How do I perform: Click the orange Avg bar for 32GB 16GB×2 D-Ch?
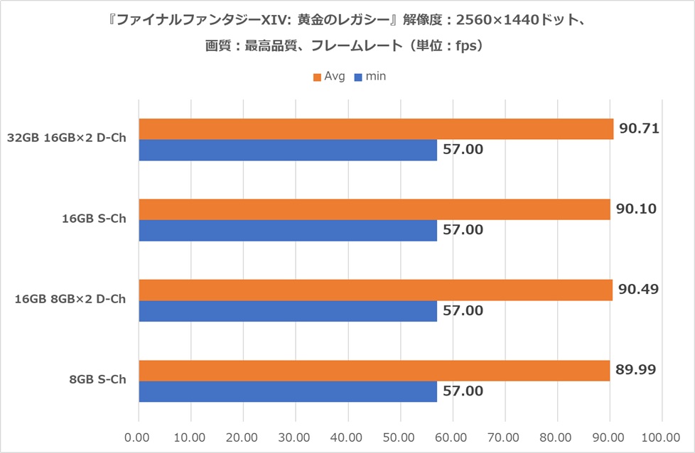(375, 129)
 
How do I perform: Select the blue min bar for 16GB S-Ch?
(288, 230)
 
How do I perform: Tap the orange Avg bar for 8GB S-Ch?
(374, 371)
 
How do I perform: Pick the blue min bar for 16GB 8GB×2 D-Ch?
(288, 311)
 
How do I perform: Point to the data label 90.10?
(637, 209)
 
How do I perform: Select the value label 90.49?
(639, 290)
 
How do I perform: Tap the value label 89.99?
(637, 370)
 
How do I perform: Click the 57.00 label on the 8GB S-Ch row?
(463, 391)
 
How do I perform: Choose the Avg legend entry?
(329, 76)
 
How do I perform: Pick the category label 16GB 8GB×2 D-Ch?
(70, 299)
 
